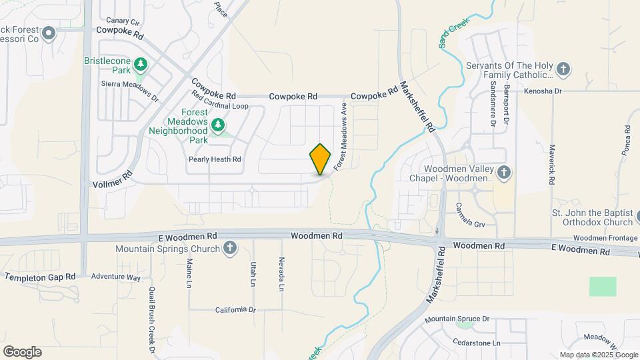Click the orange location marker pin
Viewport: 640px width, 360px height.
(x=321, y=159)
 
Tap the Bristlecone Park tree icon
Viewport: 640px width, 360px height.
(x=140, y=64)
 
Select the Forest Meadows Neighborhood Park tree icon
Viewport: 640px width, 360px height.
(x=217, y=125)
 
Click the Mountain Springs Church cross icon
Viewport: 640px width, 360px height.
(x=230, y=249)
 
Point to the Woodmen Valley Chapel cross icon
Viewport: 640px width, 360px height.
(x=504, y=173)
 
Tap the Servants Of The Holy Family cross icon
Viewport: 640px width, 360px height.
(x=563, y=69)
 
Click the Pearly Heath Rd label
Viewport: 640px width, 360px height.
(x=215, y=159)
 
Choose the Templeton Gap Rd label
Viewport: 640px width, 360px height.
(x=39, y=277)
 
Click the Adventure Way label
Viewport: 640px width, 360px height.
(x=115, y=277)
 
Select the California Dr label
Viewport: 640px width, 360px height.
(x=235, y=310)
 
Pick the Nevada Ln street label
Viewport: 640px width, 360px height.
(x=282, y=274)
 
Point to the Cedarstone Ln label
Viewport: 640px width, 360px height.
(x=477, y=343)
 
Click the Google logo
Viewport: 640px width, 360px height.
(x=22, y=352)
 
